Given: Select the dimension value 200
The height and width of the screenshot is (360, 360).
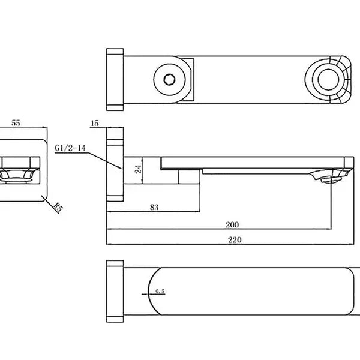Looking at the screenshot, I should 233,225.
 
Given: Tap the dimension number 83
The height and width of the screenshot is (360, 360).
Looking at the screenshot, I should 154,207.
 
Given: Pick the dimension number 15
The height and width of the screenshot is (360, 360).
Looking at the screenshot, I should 94,123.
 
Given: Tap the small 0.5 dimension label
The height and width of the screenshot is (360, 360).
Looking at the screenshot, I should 160,292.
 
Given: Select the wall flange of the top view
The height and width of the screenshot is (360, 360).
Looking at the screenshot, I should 115,79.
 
